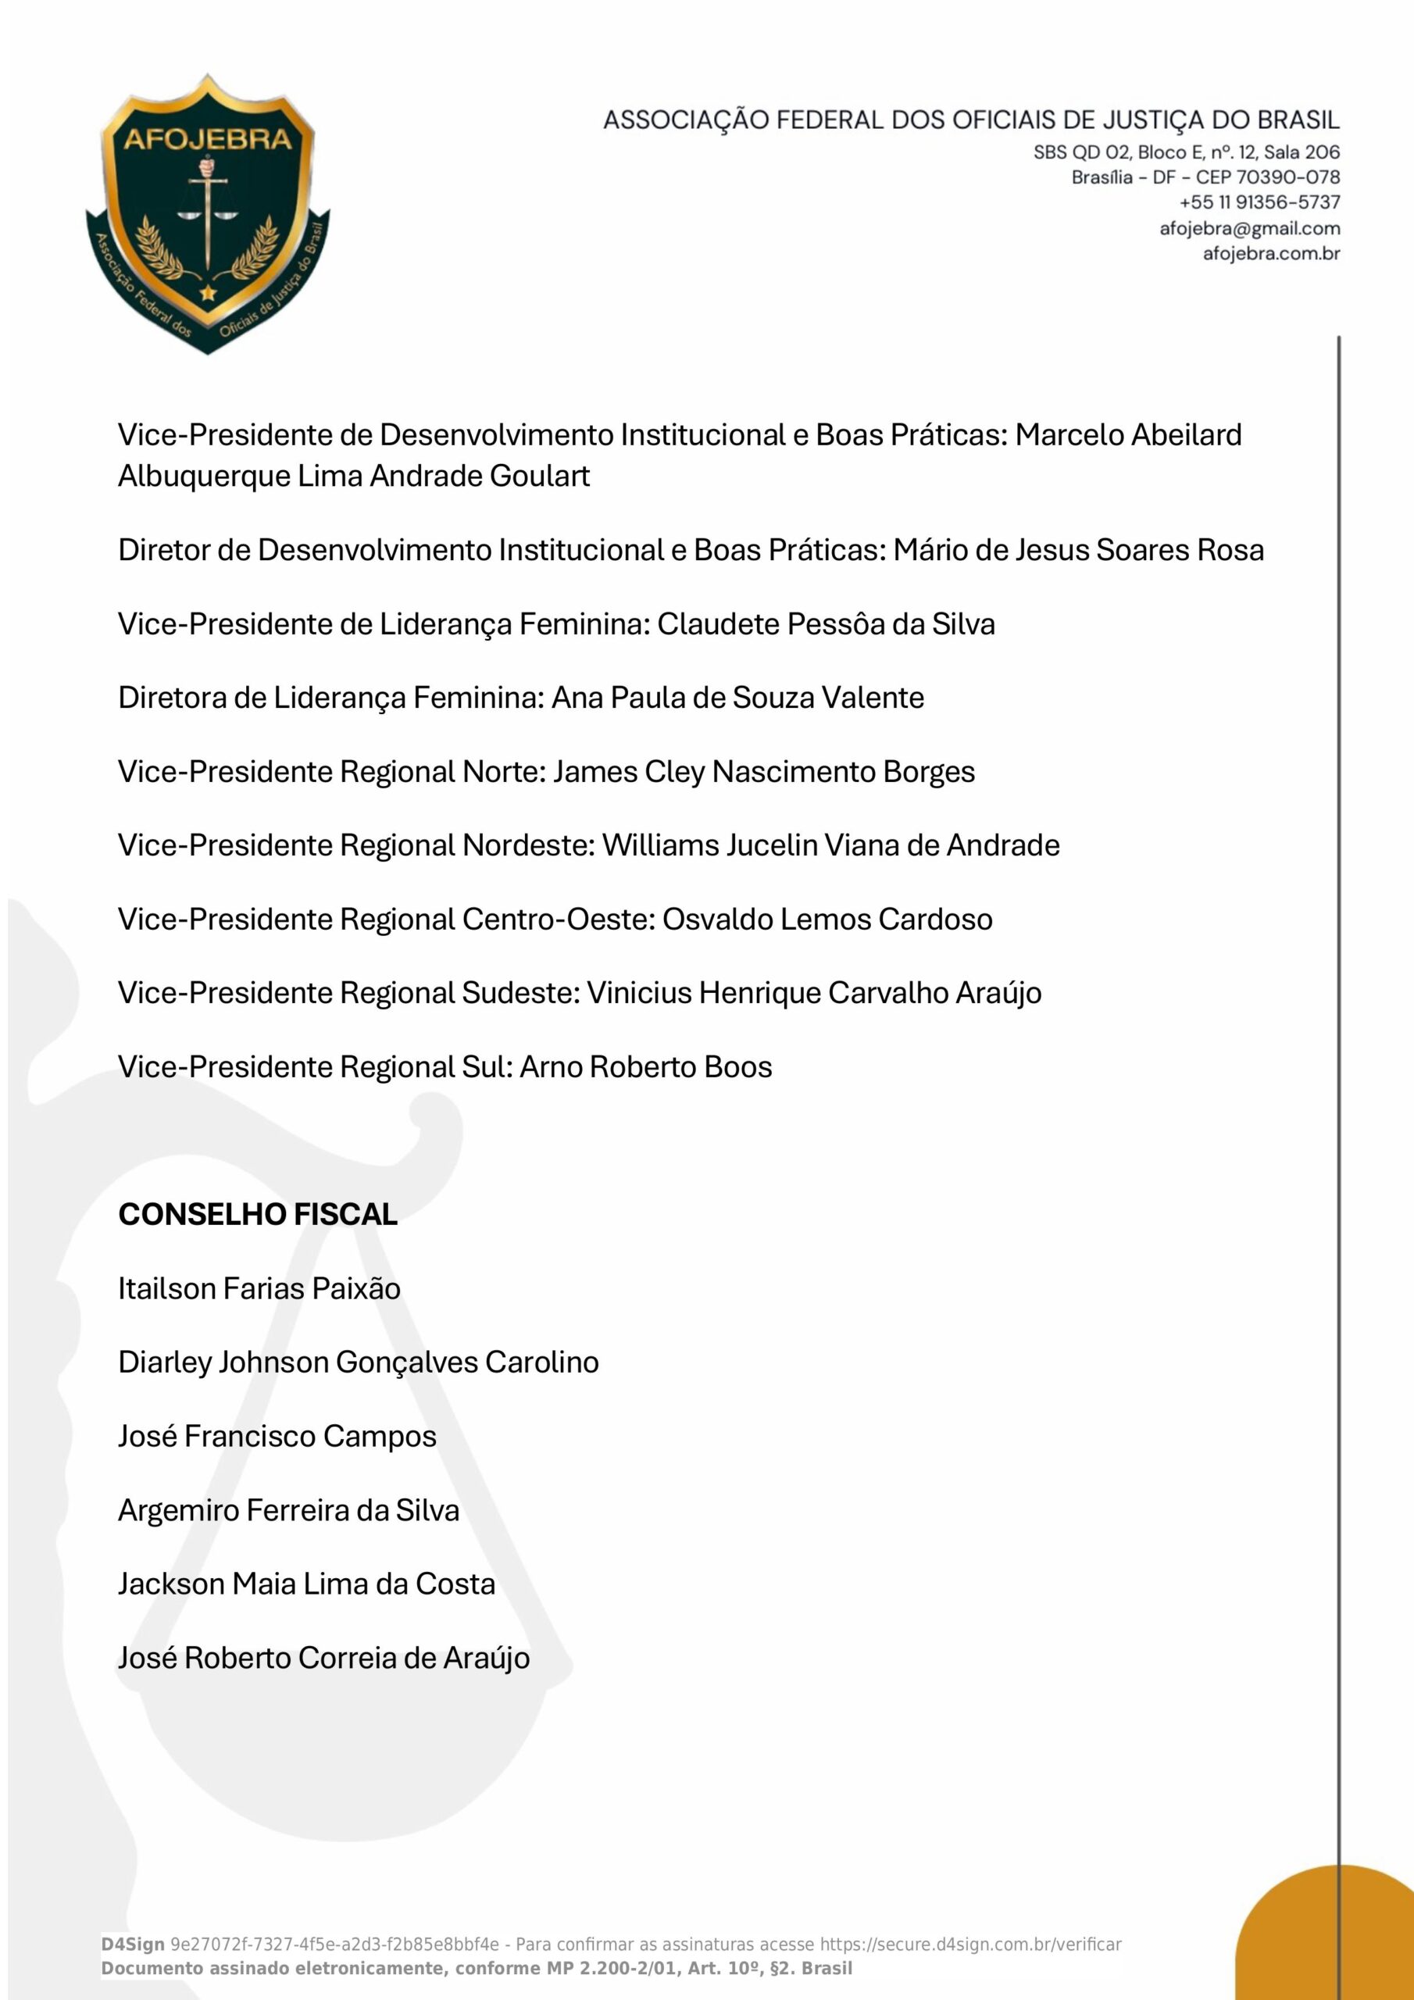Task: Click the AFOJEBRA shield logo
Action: [207, 214]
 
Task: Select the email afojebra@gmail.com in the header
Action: [1249, 228]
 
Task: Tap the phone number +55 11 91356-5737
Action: [1259, 202]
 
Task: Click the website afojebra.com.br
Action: [1271, 253]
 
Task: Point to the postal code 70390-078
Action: [1287, 177]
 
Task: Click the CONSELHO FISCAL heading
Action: [258, 1214]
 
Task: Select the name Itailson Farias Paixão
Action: [259, 1288]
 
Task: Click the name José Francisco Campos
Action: [277, 1437]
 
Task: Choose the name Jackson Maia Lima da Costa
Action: [307, 1584]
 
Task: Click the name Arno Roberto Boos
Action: [645, 1067]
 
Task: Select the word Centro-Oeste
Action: [559, 919]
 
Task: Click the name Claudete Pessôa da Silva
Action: [826, 624]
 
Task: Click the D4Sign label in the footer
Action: [133, 1945]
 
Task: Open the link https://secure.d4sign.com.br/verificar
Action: [970, 1945]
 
